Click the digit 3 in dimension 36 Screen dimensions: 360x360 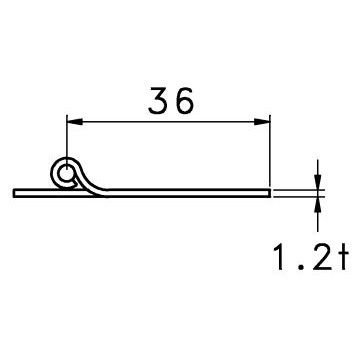(159, 100)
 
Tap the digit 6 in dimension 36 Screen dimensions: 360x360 (183, 100)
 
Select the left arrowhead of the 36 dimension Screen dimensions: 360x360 (75, 122)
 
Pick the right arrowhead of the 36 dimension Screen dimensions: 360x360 (262, 122)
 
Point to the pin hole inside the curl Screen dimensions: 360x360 (66, 174)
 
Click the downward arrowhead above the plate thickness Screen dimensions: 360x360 (318, 182)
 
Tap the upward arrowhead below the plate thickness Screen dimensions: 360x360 (318, 205)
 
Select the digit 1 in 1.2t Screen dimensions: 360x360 (279, 256)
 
